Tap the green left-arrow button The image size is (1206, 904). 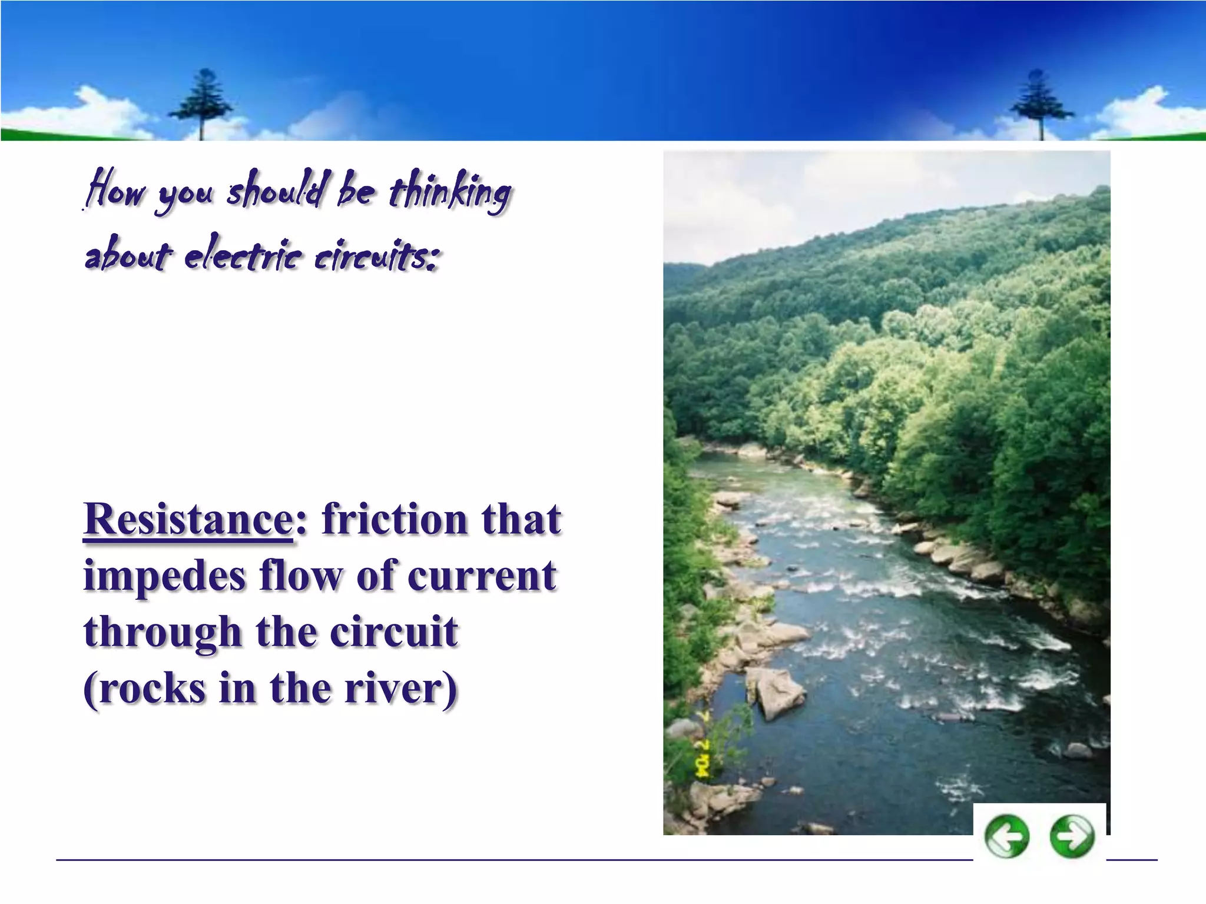(x=1007, y=836)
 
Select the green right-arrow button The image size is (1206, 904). (x=1072, y=836)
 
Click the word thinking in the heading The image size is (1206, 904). (x=450, y=191)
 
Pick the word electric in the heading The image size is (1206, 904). (x=243, y=257)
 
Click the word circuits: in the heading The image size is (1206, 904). (x=377, y=257)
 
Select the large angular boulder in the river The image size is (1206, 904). (x=776, y=692)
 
